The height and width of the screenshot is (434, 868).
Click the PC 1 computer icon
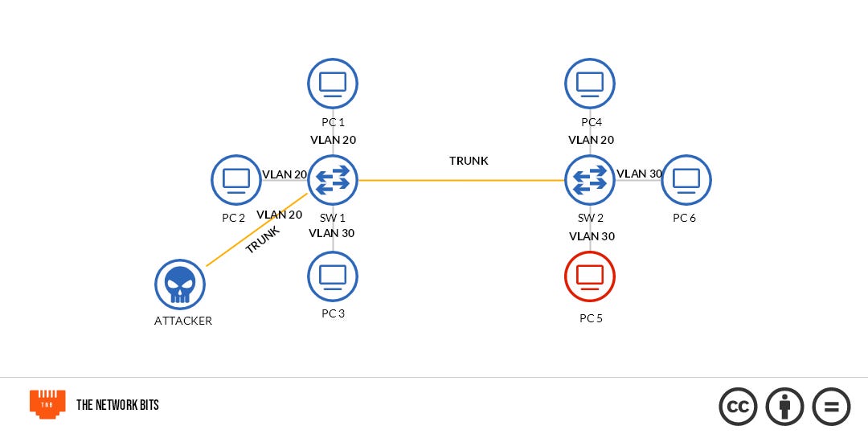pyautogui.click(x=333, y=83)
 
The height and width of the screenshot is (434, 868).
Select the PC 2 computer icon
pyautogui.click(x=236, y=180)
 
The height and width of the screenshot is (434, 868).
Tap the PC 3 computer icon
pyautogui.click(x=333, y=276)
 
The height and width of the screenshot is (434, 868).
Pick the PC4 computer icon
pyautogui.click(x=590, y=83)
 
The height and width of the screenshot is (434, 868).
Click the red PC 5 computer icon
pyautogui.click(x=590, y=276)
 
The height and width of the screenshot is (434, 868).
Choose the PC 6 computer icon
pyautogui.click(x=686, y=180)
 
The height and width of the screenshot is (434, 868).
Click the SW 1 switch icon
pyautogui.click(x=333, y=180)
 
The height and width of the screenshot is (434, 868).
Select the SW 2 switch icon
pyautogui.click(x=590, y=180)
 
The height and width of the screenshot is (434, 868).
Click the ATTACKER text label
pyautogui.click(x=183, y=321)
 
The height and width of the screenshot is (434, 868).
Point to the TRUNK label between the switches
pyautogui.click(x=469, y=161)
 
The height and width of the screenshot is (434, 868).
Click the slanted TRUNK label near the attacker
pyautogui.click(x=263, y=240)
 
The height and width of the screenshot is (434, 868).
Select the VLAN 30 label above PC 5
pyautogui.click(x=592, y=236)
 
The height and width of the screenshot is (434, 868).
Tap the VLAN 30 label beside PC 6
pyautogui.click(x=639, y=174)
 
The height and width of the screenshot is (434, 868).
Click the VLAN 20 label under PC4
pyautogui.click(x=591, y=140)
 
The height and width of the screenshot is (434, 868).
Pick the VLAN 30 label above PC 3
pyautogui.click(x=331, y=233)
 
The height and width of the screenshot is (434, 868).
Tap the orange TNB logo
pyautogui.click(x=47, y=404)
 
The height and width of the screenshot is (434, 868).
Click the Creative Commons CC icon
pyautogui.click(x=738, y=407)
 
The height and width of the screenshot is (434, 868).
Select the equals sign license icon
pyautogui.click(x=831, y=407)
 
